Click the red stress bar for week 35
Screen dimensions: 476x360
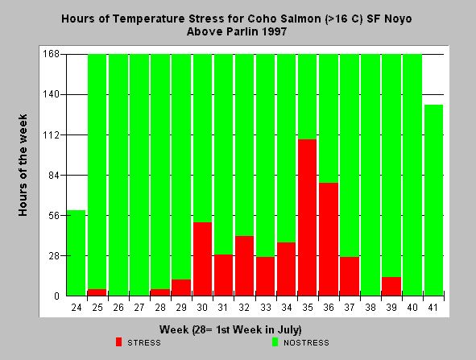point(307,217)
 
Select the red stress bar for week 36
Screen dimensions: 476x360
point(329,239)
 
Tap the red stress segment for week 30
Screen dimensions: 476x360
point(202,259)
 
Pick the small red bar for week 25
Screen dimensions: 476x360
point(97,292)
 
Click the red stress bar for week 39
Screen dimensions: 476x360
point(391,286)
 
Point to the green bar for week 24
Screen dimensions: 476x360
point(76,253)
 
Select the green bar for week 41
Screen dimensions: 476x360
point(433,201)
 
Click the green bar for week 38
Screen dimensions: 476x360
point(370,175)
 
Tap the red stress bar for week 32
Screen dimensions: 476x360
point(244,266)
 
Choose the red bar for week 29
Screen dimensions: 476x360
point(181,288)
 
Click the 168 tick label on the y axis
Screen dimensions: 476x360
point(51,54)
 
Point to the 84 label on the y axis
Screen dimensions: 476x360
point(53,175)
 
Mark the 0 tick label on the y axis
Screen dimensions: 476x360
point(56,296)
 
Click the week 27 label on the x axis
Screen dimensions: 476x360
point(139,308)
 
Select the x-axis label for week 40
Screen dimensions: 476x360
point(412,308)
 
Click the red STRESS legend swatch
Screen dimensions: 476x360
point(118,342)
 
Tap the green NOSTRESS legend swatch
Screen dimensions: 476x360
point(275,342)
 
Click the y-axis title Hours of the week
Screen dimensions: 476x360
point(23,165)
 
